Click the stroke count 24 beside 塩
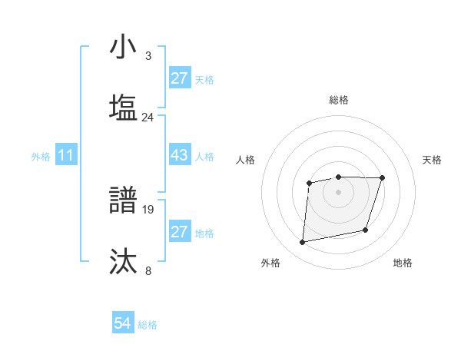point(148,118)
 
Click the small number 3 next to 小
point(148,56)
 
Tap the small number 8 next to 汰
point(148,270)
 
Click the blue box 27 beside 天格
point(180,78)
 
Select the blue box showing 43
point(180,155)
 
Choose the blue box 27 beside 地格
point(180,232)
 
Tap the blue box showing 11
point(66,155)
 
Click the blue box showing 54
point(123,323)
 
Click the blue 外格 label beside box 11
point(41,157)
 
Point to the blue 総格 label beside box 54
point(148,325)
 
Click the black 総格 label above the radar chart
point(339,100)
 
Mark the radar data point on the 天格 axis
point(383,178)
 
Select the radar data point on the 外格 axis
point(303,243)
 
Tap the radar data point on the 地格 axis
point(366,230)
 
